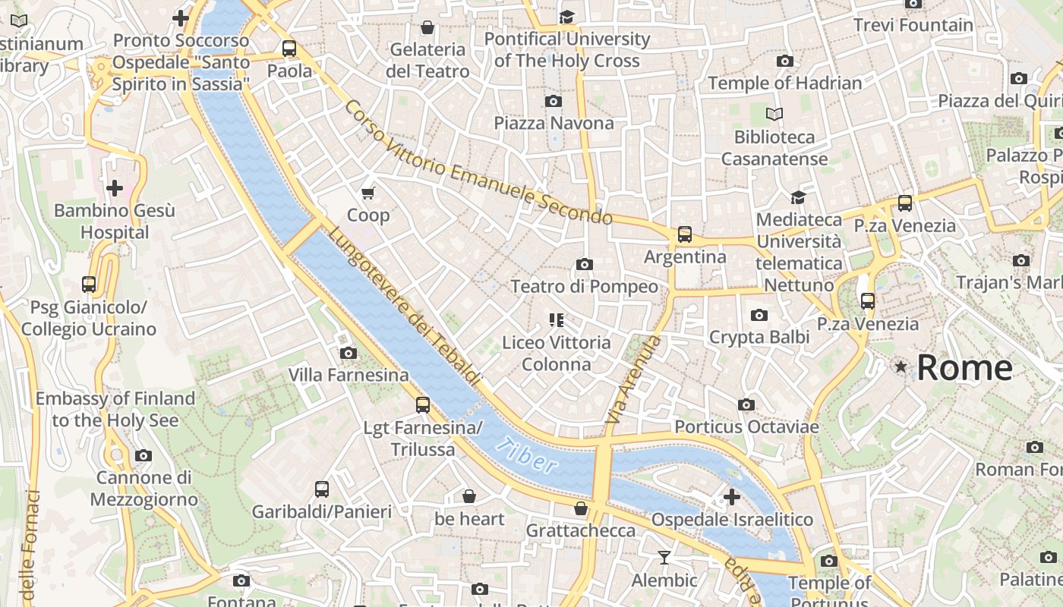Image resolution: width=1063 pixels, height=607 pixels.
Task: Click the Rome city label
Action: pyautogui.click(x=964, y=368)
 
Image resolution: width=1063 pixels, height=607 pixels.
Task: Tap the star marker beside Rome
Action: pyautogui.click(x=901, y=367)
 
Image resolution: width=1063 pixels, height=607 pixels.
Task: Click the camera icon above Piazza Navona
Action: pyautogui.click(x=554, y=101)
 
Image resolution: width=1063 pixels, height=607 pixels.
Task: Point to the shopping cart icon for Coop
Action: pyautogui.click(x=368, y=193)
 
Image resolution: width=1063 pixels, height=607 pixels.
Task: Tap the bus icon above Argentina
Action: pyautogui.click(x=685, y=234)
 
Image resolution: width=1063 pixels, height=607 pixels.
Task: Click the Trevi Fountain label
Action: pyautogui.click(x=913, y=25)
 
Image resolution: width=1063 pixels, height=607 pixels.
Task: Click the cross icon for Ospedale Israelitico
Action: pyautogui.click(x=731, y=497)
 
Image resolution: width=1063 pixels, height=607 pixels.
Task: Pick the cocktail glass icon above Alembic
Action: pyautogui.click(x=664, y=558)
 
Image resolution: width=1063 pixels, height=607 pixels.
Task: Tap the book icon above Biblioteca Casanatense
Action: pyautogui.click(x=774, y=115)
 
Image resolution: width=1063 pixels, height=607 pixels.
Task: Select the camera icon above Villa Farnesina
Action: pyautogui.click(x=349, y=353)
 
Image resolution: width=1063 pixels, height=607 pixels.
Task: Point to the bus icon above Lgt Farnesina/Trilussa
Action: pyautogui.click(x=423, y=405)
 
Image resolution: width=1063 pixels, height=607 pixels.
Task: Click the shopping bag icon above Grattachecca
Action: pyautogui.click(x=581, y=508)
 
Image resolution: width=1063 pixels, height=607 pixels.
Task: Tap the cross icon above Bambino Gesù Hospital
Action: pyautogui.click(x=115, y=187)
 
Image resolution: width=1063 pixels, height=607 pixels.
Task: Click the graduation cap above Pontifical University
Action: pyautogui.click(x=566, y=17)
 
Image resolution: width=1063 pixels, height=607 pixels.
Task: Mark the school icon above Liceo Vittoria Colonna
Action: pyautogui.click(x=557, y=320)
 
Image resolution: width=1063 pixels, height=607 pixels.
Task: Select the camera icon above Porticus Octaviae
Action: pyautogui.click(x=746, y=405)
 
